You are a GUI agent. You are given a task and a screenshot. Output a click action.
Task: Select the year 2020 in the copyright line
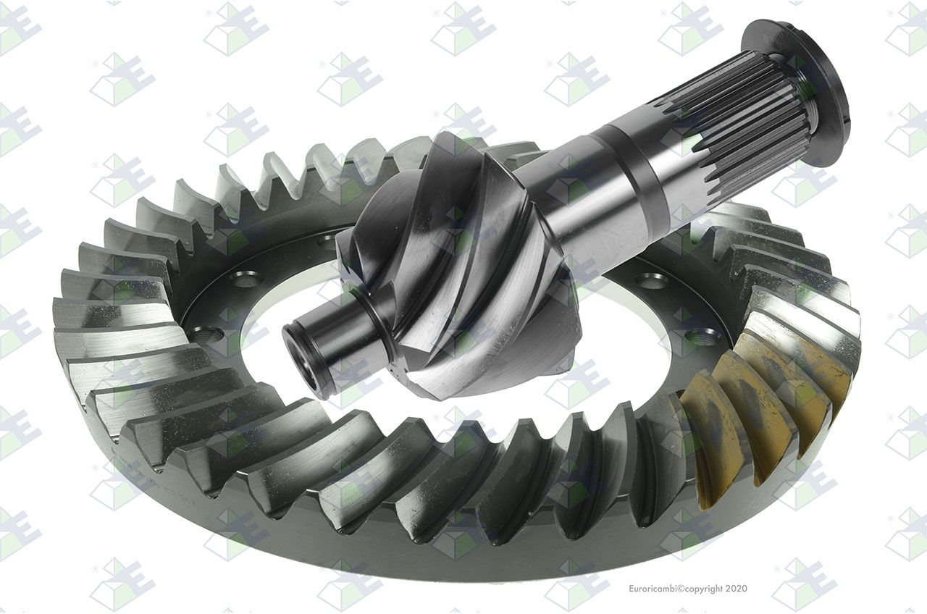(737, 588)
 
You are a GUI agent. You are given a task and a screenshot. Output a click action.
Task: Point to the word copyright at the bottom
(704, 589)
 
